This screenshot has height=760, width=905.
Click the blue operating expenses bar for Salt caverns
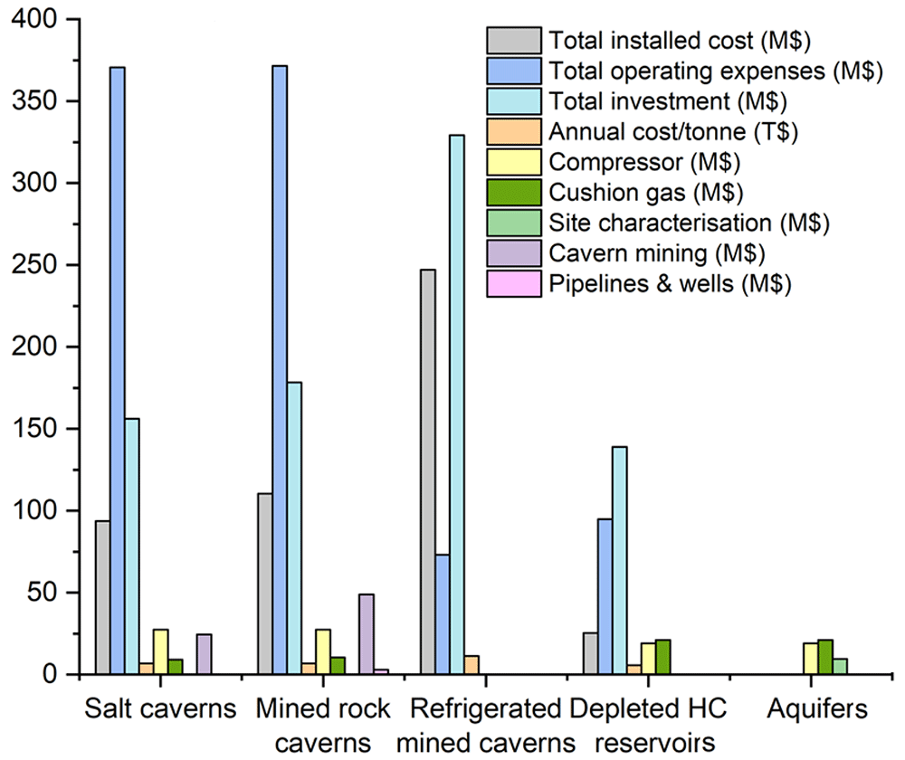(x=118, y=370)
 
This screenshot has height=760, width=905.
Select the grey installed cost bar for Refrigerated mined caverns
(x=428, y=471)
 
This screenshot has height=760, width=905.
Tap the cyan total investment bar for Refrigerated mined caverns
(x=457, y=404)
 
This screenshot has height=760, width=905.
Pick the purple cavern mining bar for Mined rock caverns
(x=367, y=633)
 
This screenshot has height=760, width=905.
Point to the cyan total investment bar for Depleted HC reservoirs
(x=620, y=560)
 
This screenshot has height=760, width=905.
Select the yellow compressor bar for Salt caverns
(x=161, y=651)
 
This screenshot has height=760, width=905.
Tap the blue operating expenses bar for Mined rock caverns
(x=280, y=370)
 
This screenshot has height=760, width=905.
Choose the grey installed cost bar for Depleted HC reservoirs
(x=590, y=653)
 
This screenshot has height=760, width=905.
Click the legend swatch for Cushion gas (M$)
(x=514, y=192)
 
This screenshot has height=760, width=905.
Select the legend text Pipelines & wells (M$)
(x=670, y=284)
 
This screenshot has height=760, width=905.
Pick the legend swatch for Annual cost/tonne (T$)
(x=514, y=131)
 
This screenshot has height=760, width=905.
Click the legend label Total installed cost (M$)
(x=680, y=41)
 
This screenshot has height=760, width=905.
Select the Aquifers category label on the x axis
(x=817, y=708)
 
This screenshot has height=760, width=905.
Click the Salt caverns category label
(x=160, y=708)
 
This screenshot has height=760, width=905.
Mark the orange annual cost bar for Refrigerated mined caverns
(x=472, y=665)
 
